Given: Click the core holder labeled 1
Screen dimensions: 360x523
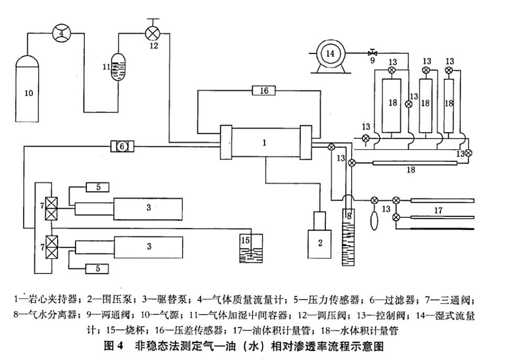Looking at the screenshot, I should click(x=265, y=142).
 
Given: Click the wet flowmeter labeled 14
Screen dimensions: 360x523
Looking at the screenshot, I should click(x=330, y=53).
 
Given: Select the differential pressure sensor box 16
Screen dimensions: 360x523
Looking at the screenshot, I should click(x=264, y=91).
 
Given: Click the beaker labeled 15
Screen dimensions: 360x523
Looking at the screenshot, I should click(x=250, y=249).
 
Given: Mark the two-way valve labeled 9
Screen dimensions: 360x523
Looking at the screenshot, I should click(x=373, y=53).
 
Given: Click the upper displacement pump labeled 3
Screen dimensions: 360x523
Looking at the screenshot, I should click(x=148, y=208).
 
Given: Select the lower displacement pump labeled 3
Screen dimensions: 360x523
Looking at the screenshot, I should click(x=148, y=246).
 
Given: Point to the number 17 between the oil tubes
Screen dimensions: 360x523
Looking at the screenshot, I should click(x=438, y=210).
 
